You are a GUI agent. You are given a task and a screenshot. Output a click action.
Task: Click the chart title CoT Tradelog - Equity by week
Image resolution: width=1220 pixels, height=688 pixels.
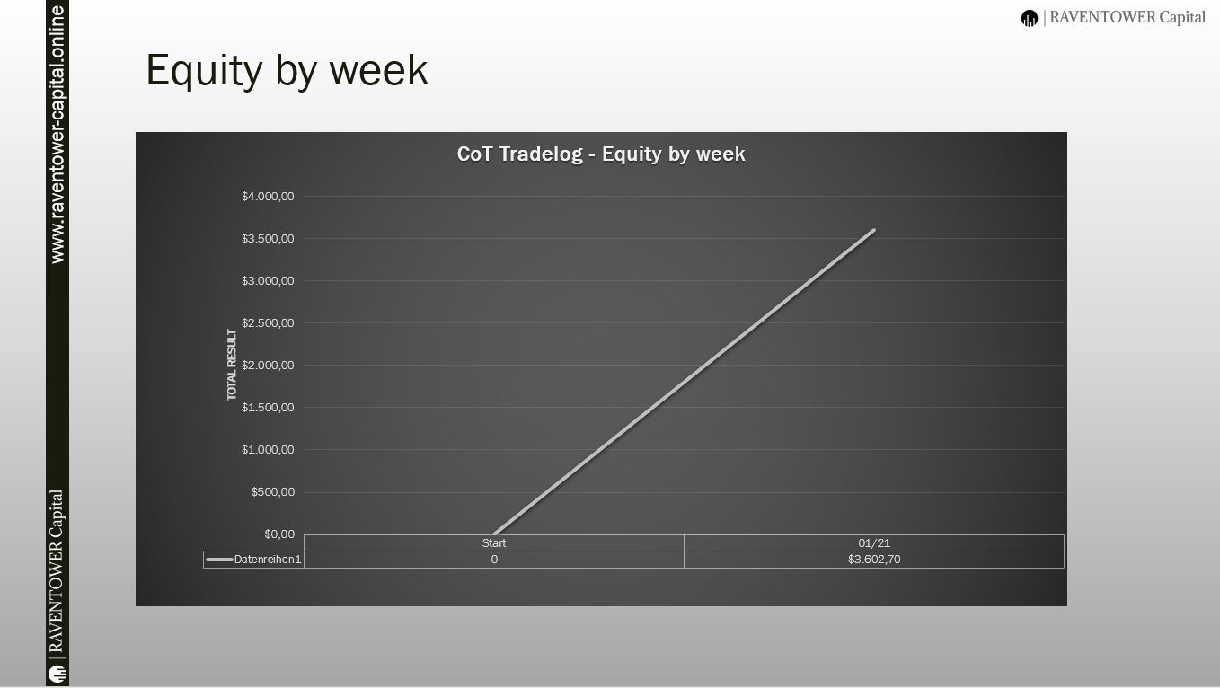pos(601,154)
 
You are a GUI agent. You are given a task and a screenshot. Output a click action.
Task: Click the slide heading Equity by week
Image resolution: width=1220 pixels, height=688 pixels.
pos(287,71)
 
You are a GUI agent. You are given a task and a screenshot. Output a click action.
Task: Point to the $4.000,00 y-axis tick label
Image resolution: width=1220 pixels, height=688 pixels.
pos(268,197)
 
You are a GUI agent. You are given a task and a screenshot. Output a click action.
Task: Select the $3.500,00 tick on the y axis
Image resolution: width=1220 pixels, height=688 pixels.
pos(268,238)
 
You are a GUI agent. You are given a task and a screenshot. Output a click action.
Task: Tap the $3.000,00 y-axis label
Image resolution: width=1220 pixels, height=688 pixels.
pos(268,281)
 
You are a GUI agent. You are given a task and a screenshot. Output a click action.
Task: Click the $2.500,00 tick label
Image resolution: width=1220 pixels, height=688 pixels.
pos(268,322)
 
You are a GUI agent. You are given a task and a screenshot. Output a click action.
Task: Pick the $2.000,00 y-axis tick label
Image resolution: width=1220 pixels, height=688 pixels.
pos(268,366)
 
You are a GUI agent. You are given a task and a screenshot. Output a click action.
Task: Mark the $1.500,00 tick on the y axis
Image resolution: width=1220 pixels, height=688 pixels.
pos(268,407)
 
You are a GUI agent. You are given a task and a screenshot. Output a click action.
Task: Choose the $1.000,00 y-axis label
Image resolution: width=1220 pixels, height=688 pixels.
pos(268,450)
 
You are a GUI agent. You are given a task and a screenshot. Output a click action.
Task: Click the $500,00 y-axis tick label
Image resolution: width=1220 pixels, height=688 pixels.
pos(273,492)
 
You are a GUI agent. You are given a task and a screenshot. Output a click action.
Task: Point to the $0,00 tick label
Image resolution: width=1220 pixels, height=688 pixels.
pos(279,534)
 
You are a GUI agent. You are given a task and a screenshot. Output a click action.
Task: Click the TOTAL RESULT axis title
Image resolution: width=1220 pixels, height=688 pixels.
pos(232,364)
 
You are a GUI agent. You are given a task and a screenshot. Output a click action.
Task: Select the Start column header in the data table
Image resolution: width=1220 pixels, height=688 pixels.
pos(494,542)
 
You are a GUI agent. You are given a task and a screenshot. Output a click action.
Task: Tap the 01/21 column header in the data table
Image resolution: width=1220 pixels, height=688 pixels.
pos(874,542)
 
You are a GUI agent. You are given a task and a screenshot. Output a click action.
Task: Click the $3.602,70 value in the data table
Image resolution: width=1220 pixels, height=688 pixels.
pos(874,559)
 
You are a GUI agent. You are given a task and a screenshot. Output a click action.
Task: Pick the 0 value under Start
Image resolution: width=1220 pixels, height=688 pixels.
pos(494,560)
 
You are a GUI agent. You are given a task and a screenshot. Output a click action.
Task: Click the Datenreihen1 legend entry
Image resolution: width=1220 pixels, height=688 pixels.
pos(254,560)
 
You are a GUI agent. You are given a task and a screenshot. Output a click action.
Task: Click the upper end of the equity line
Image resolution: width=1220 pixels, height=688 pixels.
pos(874,230)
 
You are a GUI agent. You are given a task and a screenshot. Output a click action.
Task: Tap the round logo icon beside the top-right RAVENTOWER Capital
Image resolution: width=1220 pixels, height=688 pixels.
pos(1030,18)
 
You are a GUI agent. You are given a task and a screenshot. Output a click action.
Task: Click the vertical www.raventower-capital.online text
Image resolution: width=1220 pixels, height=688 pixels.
pos(57,135)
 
